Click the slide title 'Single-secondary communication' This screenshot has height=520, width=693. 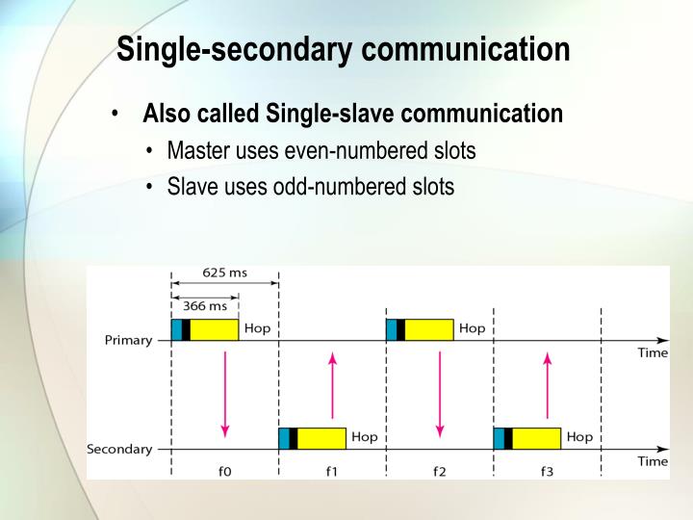344,49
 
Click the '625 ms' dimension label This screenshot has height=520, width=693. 224,273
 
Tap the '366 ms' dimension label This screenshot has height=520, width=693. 205,305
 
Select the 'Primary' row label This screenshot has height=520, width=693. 128,340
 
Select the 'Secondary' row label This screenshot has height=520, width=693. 119,449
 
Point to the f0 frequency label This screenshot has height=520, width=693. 224,471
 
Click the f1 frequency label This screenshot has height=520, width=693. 332,471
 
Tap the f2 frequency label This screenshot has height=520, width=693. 439,471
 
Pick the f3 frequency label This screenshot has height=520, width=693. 547,471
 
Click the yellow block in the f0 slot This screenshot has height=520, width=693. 214,329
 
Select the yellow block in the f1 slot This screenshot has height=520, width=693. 321,438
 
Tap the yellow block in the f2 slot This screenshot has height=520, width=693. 428,329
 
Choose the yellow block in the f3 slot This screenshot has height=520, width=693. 536,438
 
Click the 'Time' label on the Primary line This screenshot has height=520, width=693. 653,353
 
